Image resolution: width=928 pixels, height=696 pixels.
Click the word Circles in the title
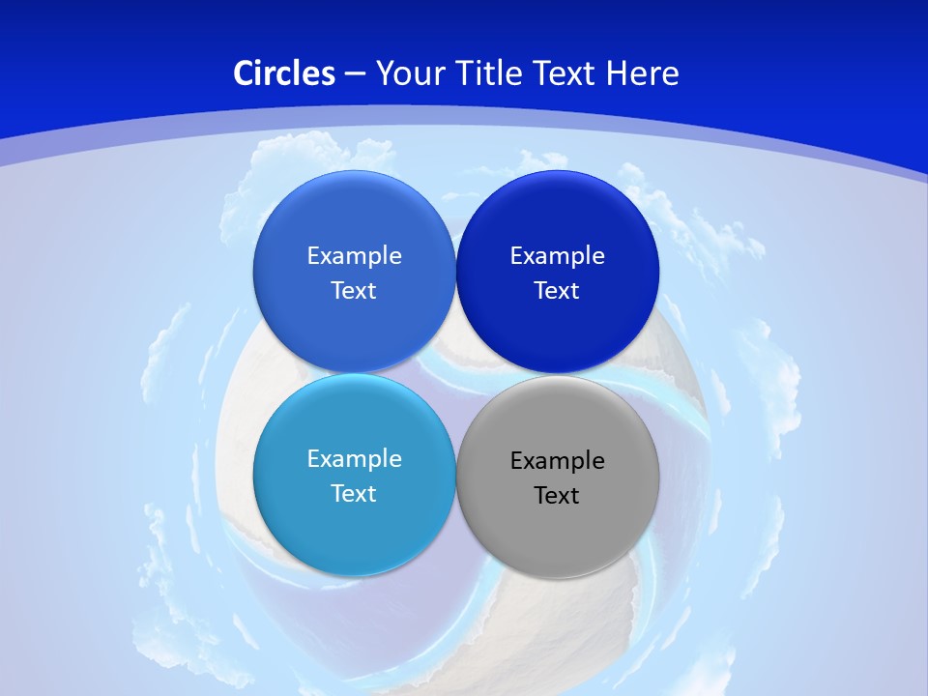[x=284, y=73]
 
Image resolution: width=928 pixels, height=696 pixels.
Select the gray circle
[x=557, y=536]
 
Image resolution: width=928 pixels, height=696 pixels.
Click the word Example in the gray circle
[x=557, y=461]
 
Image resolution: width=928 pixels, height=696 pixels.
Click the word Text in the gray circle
[x=557, y=496]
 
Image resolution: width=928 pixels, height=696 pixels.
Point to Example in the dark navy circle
[x=557, y=256]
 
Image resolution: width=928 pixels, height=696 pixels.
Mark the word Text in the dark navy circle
[x=557, y=291]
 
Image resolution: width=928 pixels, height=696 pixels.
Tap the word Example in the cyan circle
[x=354, y=459]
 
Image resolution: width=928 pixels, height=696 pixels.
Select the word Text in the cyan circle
[x=354, y=494]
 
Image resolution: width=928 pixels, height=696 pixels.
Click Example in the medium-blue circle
[x=354, y=256]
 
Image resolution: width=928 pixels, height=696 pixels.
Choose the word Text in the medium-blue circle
[x=354, y=291]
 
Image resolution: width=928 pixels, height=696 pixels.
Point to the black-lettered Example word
[x=557, y=461]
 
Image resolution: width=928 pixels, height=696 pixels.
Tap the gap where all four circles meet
[x=455, y=373]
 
